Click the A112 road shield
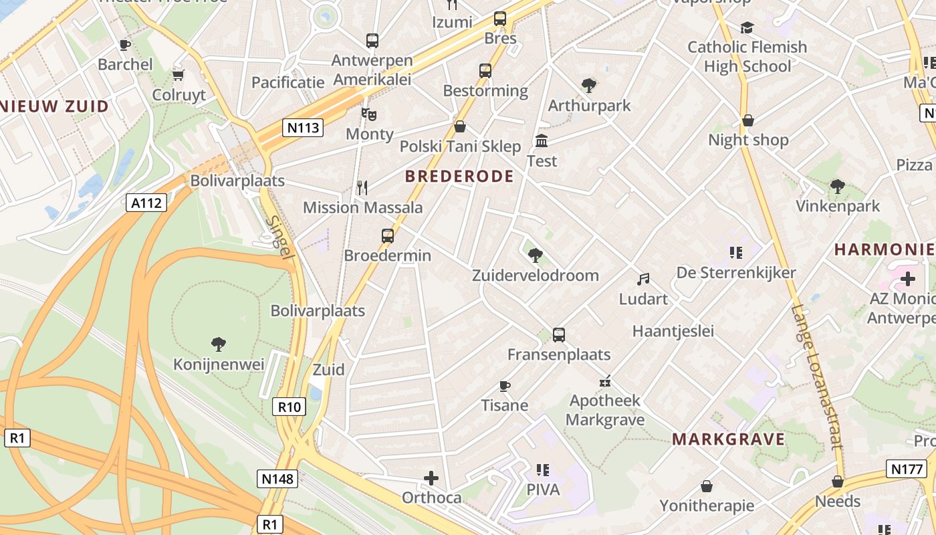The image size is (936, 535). point(146,203)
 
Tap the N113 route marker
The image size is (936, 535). point(302,127)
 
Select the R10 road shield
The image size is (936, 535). point(289,406)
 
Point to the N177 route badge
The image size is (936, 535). point(907,469)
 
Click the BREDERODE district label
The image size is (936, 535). point(459,177)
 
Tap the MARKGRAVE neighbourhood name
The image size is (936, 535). point(728,439)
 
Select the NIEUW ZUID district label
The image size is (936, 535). point(54,106)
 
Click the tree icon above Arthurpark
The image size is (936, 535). point(589,86)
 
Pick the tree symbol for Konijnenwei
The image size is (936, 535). point(218,344)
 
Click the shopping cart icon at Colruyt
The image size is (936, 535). point(179,75)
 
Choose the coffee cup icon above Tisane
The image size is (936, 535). point(505,386)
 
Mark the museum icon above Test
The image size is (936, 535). point(542,141)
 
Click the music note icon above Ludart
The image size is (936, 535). point(643,279)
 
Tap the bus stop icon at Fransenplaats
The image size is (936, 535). point(559,334)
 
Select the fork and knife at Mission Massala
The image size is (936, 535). point(362,188)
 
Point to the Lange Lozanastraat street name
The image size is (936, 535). point(815,377)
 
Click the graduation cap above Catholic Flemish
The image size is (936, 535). point(747,27)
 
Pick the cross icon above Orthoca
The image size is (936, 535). point(431,478)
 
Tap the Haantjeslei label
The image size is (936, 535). point(673,331)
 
